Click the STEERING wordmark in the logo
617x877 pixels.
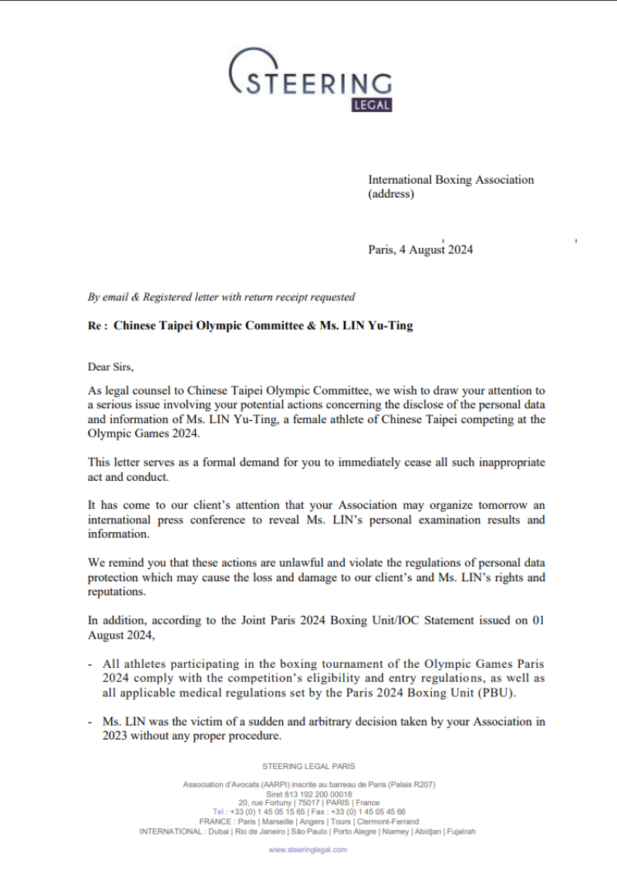318,83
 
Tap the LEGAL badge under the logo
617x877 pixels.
372,105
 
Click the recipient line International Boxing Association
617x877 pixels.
450,180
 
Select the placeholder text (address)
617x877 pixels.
390,194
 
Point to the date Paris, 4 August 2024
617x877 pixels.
420,249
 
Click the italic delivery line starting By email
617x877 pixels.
221,296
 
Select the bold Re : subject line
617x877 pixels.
251,326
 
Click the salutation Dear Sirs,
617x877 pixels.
111,367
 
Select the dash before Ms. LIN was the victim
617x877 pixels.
91,722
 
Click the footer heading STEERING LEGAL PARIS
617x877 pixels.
308,767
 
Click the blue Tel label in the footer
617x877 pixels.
220,812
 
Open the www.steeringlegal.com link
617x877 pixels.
308,849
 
